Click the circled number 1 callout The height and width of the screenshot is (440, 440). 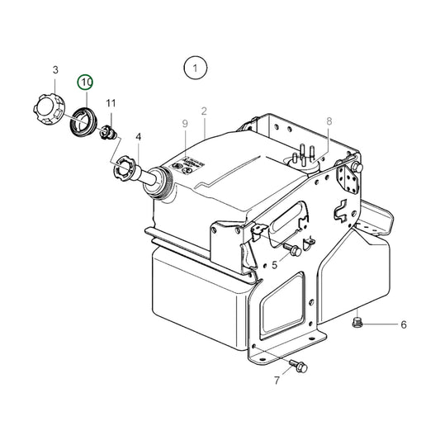195,68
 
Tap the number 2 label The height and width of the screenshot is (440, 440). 203,111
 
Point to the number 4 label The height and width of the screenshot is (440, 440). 138,137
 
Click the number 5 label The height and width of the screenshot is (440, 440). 274,265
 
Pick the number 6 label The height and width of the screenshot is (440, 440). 404,325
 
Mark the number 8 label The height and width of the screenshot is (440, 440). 329,121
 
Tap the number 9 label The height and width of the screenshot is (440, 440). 186,124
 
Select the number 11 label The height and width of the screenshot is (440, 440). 111,103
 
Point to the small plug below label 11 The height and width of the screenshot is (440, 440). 106,133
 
